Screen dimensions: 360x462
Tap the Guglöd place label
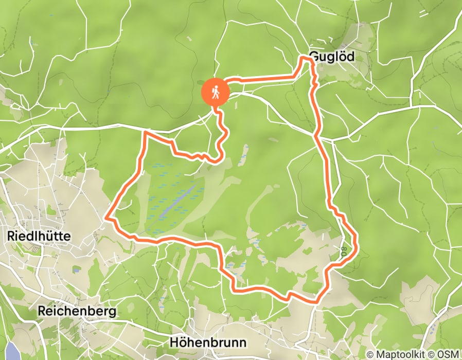[332, 57]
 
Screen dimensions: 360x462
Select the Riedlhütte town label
[39, 236]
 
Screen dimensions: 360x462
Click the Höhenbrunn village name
[208, 343]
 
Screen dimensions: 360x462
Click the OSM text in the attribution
[448, 354]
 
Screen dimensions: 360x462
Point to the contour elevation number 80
[343, 252]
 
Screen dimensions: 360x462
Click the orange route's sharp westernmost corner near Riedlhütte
[106, 218]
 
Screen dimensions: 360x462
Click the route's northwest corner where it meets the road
[146, 132]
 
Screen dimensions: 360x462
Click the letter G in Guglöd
[313, 57]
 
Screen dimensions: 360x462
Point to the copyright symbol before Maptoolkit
[371, 354]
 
